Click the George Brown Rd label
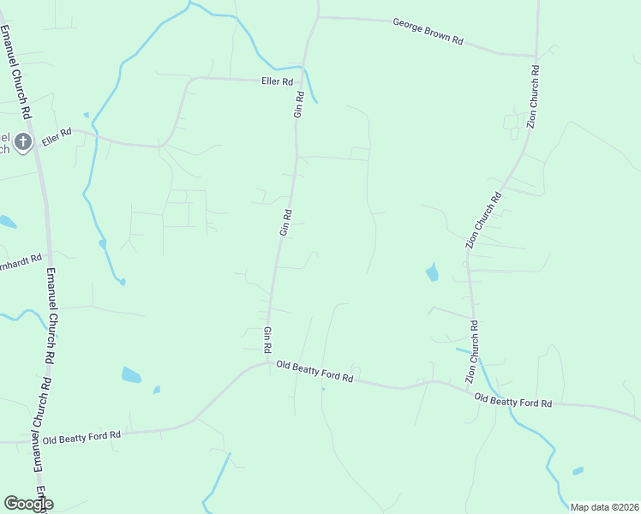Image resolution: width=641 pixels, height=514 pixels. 428,33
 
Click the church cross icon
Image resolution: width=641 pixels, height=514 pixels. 23,141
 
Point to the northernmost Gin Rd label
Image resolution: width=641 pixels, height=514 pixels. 299,104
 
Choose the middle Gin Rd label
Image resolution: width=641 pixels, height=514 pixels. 287,222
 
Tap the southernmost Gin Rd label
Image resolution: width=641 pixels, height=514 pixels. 268,340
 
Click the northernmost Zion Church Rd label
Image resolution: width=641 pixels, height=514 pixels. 532,97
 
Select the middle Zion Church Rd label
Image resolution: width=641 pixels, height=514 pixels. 484,221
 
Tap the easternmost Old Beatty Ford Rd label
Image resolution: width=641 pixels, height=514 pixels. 512,400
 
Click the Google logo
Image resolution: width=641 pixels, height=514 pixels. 28,504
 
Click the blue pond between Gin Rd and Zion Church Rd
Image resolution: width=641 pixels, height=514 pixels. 432,272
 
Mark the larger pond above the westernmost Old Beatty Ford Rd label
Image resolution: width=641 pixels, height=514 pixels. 131,374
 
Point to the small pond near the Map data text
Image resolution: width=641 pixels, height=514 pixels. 578,470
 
